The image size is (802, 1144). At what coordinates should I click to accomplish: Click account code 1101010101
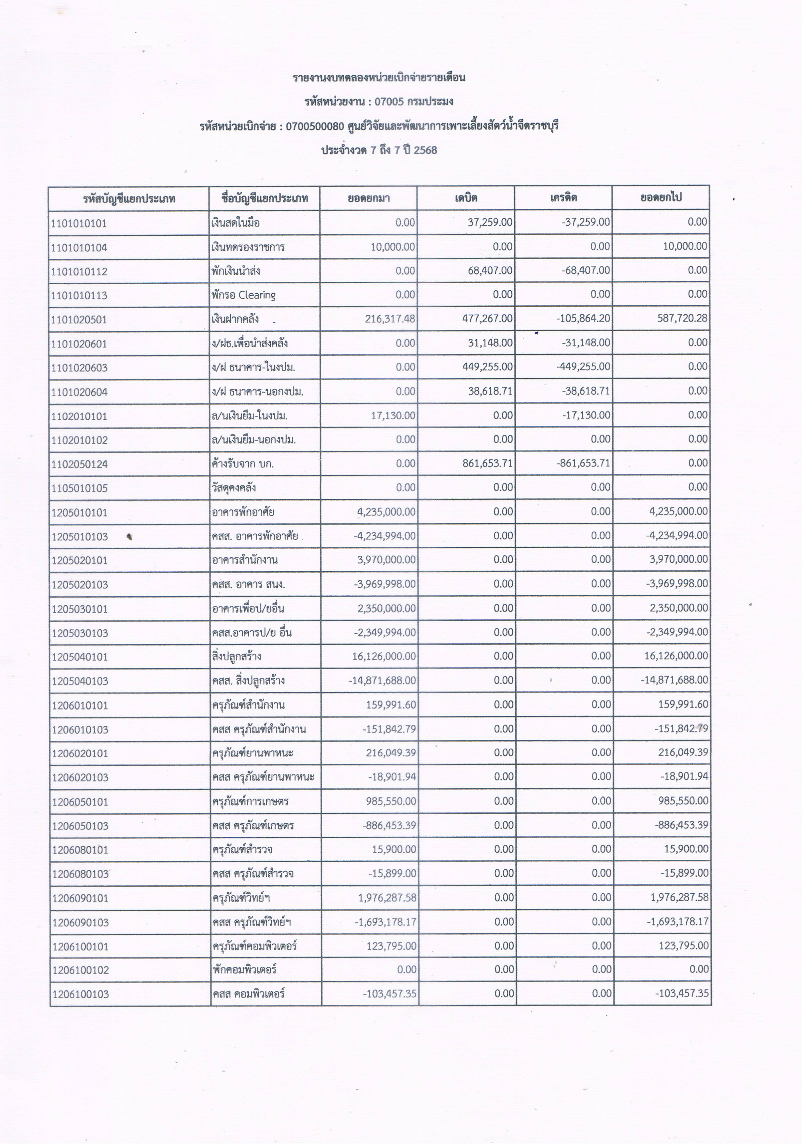click(79, 223)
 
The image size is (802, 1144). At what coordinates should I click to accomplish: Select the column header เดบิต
click(466, 198)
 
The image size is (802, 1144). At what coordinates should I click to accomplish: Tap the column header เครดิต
click(563, 198)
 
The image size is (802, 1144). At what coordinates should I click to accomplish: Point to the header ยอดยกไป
click(661, 197)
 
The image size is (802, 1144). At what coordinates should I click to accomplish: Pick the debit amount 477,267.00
click(487, 318)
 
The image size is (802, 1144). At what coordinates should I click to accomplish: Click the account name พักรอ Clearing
click(243, 295)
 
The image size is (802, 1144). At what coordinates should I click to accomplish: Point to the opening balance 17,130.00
click(393, 416)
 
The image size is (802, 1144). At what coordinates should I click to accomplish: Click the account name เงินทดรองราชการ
click(248, 247)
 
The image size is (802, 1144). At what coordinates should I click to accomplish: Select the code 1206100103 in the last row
click(80, 995)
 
